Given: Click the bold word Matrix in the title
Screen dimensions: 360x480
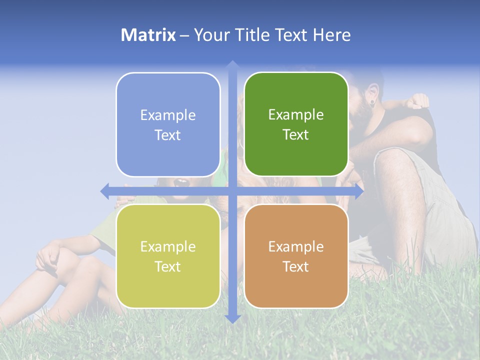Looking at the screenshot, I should tap(148, 35).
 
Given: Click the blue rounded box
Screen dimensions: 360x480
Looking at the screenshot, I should tap(168, 124).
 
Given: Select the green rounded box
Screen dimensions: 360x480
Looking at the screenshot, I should tap(296, 124).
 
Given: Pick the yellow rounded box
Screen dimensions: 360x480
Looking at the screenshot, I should tap(168, 256).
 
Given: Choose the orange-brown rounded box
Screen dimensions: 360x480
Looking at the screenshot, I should tap(296, 256).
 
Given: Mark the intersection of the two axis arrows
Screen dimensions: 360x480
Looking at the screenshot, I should tap(232, 191).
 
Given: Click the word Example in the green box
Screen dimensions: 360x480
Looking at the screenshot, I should tap(296, 114).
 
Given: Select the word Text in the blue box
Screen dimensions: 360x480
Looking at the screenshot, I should tap(167, 135).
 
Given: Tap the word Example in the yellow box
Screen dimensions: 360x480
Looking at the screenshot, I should tap(168, 246).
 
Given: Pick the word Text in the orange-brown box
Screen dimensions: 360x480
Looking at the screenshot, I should tap(295, 267).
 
